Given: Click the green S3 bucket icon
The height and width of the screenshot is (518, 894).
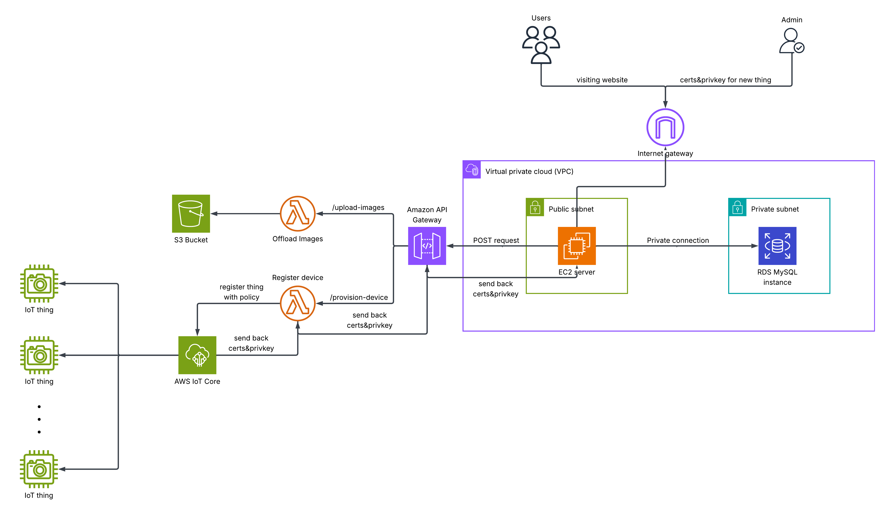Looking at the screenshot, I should [x=191, y=214].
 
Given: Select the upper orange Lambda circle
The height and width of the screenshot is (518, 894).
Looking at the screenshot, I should [x=298, y=214].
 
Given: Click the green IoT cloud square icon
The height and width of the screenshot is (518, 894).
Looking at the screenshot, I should [x=197, y=355].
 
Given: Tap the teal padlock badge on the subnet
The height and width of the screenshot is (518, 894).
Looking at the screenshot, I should [x=737, y=207].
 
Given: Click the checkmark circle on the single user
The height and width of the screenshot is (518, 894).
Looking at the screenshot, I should [x=799, y=48].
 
